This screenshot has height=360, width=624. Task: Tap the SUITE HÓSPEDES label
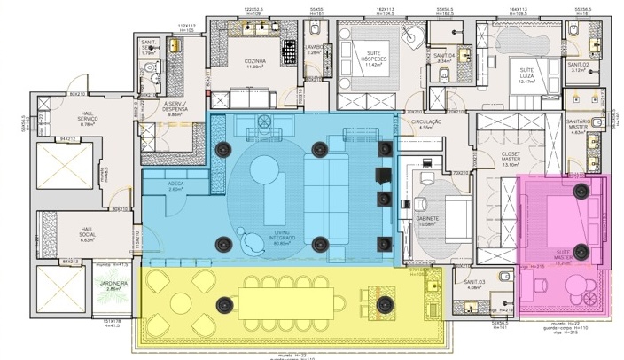(x=367, y=60)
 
